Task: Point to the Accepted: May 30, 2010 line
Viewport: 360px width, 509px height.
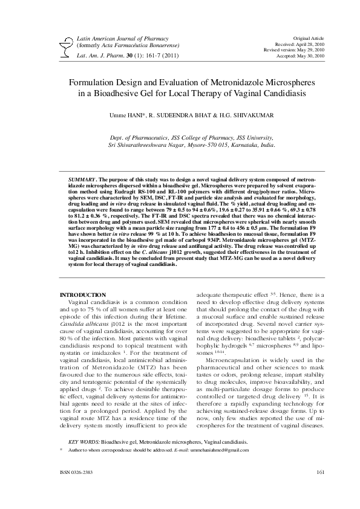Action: pos(303,56)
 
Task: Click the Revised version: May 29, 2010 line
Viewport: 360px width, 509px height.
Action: pos(295,50)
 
